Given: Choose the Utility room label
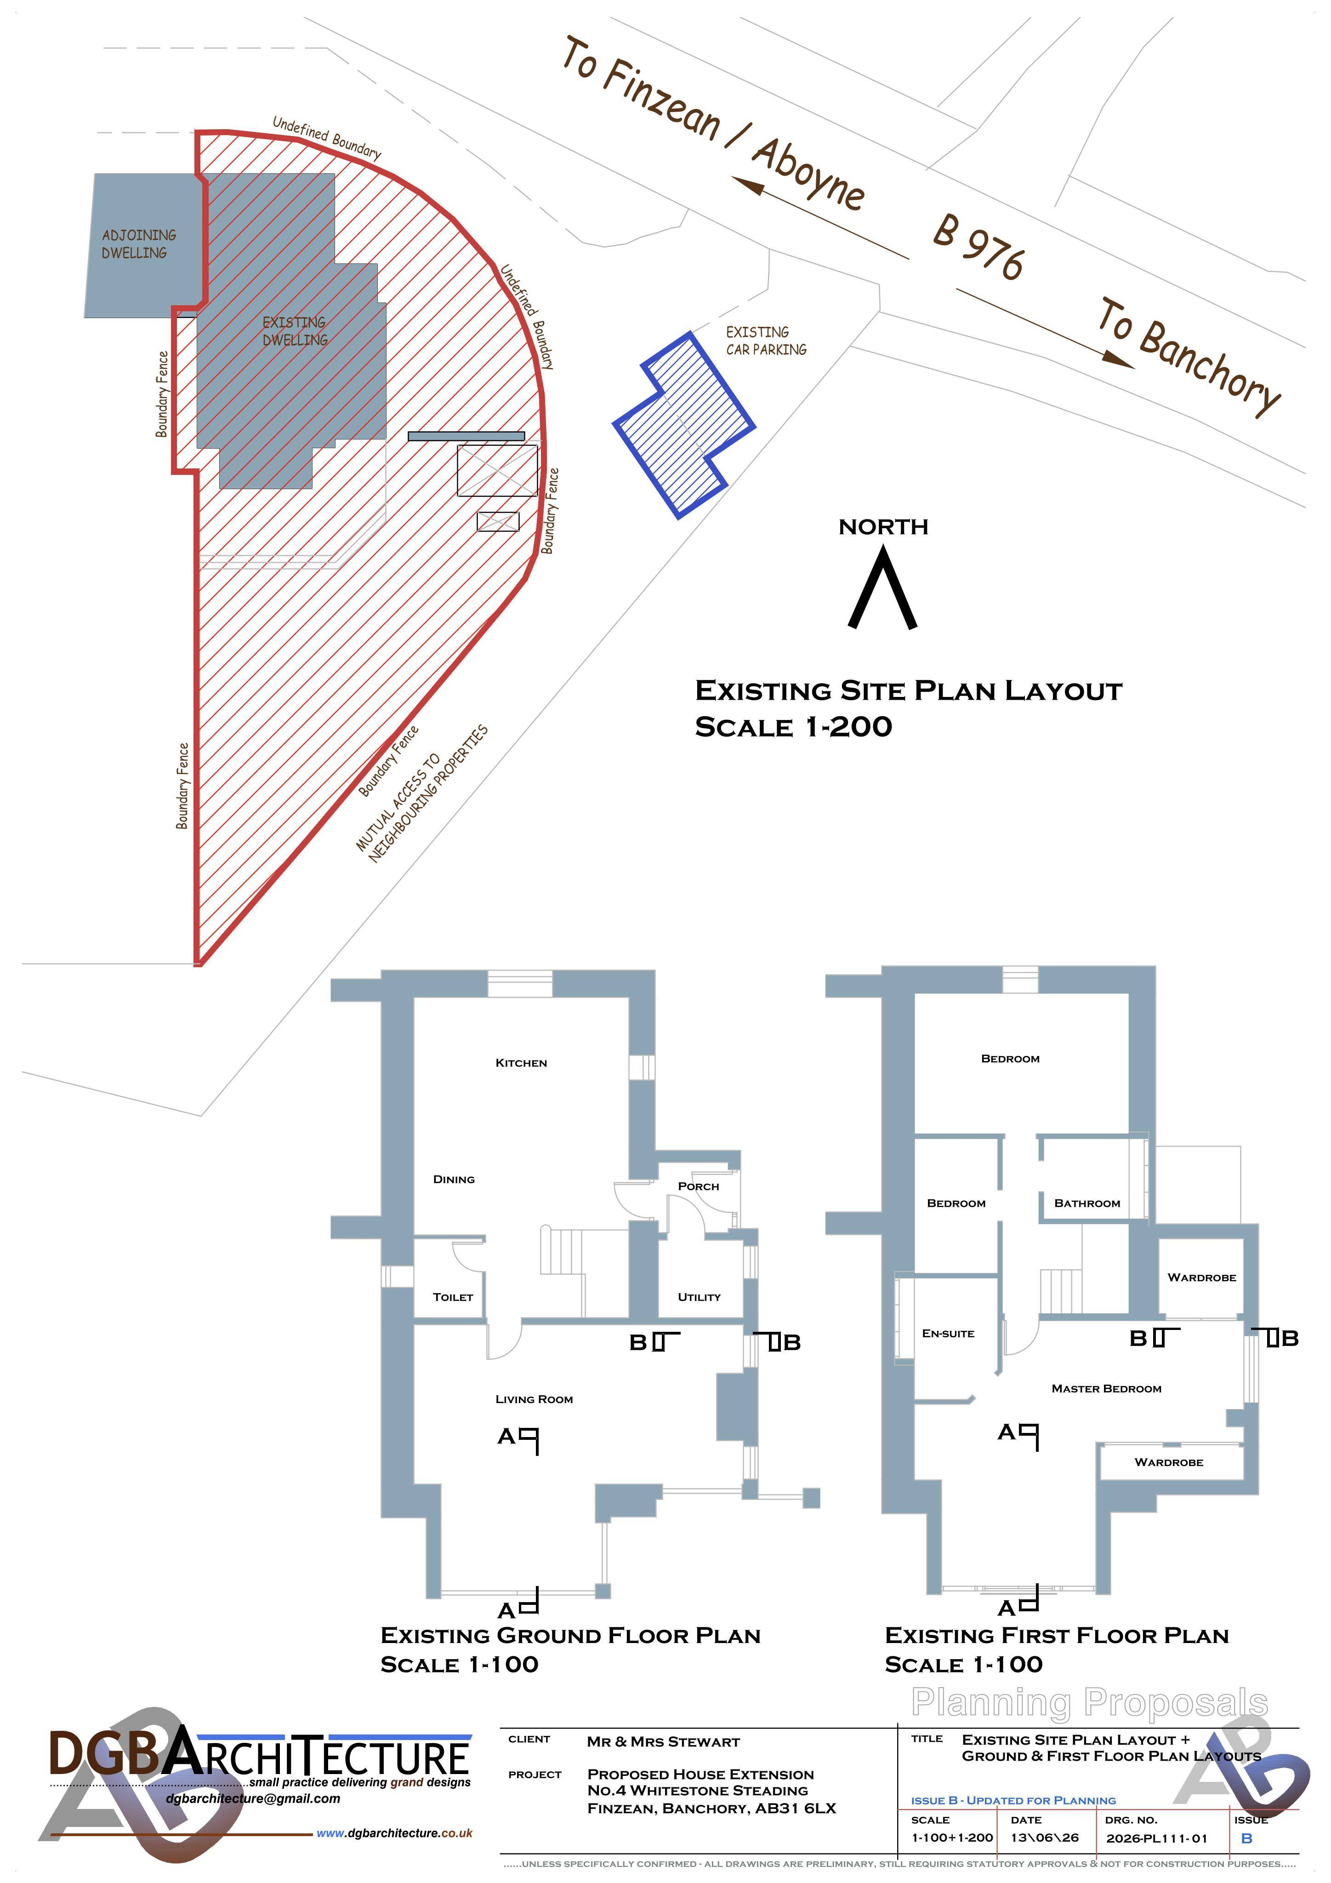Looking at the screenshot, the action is [x=699, y=1296].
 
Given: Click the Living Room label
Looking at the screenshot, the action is [x=534, y=1399].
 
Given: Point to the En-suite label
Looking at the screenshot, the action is [x=948, y=1334].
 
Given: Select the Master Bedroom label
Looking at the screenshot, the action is [x=1106, y=1388].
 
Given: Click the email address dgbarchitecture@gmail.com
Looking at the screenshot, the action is [x=253, y=1798].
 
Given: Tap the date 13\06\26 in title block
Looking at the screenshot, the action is [x=1044, y=1838].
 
